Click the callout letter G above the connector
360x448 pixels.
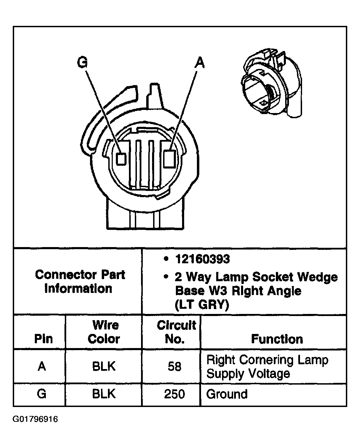click(x=83, y=63)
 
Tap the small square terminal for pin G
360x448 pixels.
click(x=121, y=158)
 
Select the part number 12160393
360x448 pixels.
click(x=202, y=259)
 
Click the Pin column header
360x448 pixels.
click(x=43, y=339)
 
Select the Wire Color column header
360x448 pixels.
click(x=103, y=332)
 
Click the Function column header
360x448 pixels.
click(x=277, y=339)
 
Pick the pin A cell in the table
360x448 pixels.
click(x=42, y=366)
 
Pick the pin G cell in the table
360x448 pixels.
click(x=41, y=394)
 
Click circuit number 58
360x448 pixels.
click(x=174, y=366)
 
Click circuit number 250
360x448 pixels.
click(x=174, y=394)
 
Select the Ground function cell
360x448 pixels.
click(x=227, y=394)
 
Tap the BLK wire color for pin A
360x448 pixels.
click(x=104, y=366)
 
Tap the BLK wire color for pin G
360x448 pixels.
click(x=104, y=394)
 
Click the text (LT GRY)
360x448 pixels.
click(x=202, y=305)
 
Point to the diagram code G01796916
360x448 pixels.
click(x=36, y=419)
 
